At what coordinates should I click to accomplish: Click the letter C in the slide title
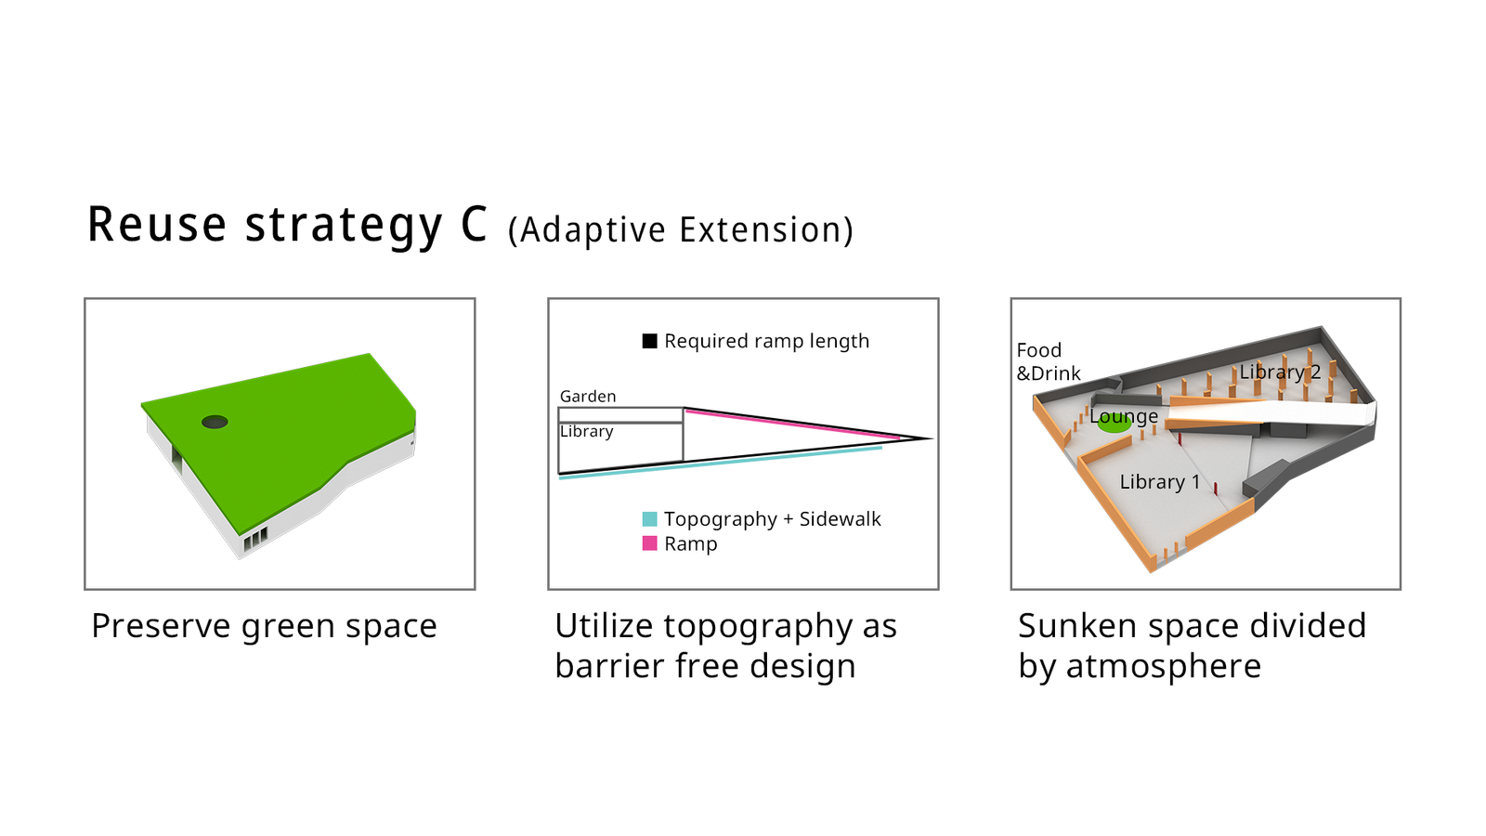click(x=474, y=224)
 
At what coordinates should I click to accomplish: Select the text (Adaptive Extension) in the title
click(x=681, y=230)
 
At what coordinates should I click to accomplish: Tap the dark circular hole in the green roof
click(x=215, y=422)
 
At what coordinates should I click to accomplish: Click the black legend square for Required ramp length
click(x=649, y=341)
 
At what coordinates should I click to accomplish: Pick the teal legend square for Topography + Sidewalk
click(x=649, y=519)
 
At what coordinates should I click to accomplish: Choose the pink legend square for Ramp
click(x=649, y=543)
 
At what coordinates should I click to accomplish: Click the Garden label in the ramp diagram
click(x=588, y=396)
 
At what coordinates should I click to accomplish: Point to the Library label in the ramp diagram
click(x=586, y=431)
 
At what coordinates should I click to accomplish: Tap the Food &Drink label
click(x=1049, y=361)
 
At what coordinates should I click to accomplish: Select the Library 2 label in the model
click(x=1280, y=372)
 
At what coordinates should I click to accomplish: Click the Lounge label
click(x=1124, y=417)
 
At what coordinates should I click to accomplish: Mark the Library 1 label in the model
click(x=1160, y=482)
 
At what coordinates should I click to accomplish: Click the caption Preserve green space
click(x=264, y=626)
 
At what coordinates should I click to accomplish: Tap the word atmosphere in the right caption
click(x=1163, y=665)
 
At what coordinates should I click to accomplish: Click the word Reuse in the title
click(x=157, y=224)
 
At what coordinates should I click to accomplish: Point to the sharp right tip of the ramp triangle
click(x=932, y=438)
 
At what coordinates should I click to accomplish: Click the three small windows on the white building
click(x=255, y=539)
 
